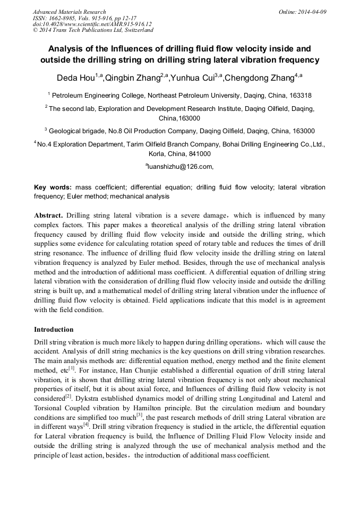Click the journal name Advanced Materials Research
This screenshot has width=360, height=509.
pos(69,12)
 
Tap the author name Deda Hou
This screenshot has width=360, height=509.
pos(76,78)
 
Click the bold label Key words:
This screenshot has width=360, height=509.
pos(53,187)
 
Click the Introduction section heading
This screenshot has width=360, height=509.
pos(54,330)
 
